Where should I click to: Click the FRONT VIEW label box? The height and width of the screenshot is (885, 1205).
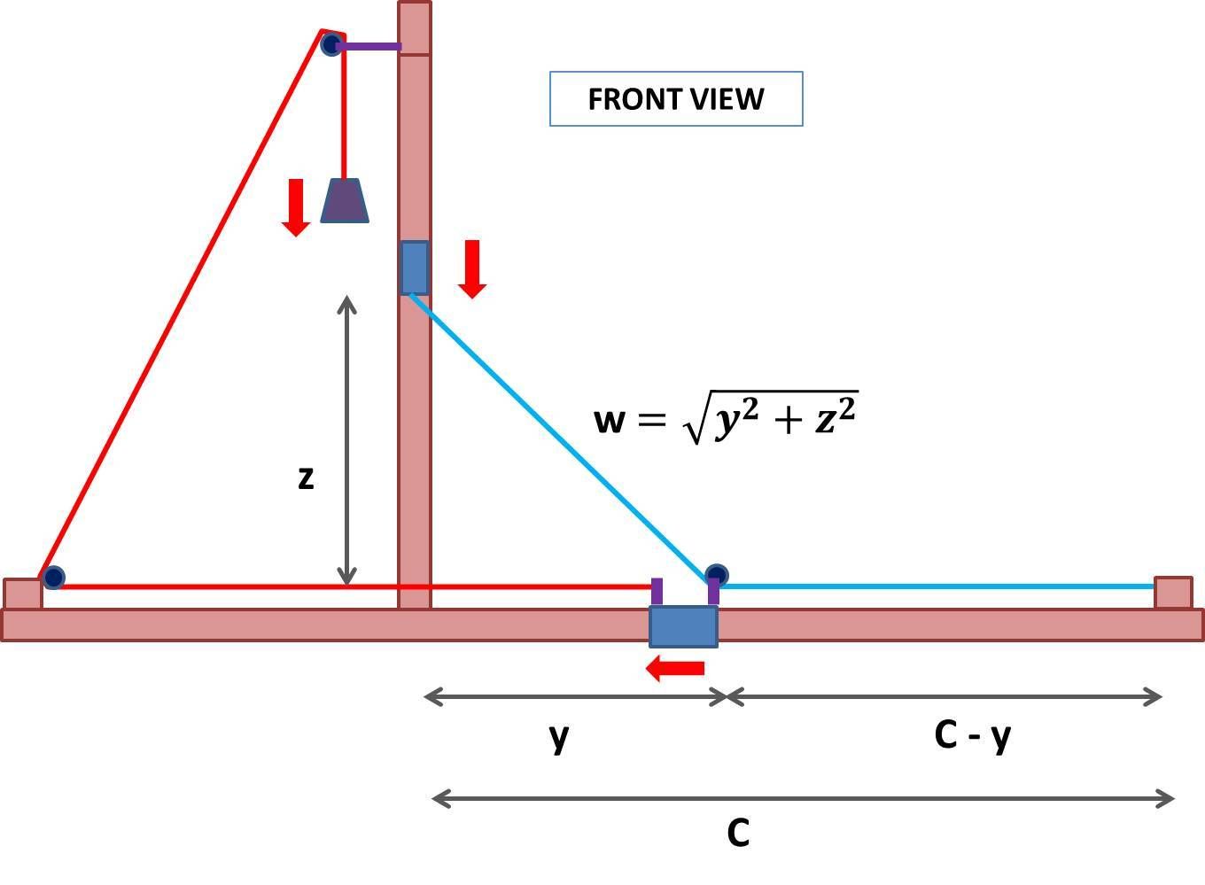676,98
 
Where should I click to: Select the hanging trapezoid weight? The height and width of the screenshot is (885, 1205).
345,201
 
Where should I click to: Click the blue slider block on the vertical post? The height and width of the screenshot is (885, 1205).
415,268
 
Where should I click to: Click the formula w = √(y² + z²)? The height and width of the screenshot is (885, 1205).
726,417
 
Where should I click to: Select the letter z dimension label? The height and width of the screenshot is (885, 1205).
306,477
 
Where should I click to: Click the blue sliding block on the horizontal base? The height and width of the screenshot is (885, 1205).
683,626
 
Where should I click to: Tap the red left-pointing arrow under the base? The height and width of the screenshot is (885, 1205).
676,668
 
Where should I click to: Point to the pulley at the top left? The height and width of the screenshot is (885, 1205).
331,44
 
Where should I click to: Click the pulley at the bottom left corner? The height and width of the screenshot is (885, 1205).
53,578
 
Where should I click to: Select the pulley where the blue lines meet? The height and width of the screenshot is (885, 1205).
717,576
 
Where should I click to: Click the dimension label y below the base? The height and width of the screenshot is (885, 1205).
558,735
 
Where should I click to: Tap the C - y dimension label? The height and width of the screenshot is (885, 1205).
972,735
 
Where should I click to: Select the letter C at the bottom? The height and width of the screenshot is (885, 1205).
738,833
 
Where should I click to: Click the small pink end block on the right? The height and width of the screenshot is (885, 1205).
1173,593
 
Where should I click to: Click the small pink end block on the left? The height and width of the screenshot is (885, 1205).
22,594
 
